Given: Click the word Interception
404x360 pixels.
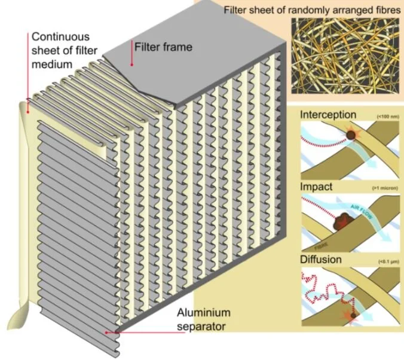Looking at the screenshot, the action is [x=328, y=115].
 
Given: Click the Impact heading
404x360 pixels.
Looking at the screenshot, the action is [x=317, y=187].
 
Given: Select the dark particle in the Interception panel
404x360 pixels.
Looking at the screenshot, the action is [x=353, y=137].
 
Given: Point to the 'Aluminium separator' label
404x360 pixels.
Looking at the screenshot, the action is [x=203, y=319].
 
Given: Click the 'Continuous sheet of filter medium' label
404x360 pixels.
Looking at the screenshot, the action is [x=62, y=50].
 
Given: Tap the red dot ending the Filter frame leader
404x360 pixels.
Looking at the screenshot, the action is [x=131, y=64].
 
